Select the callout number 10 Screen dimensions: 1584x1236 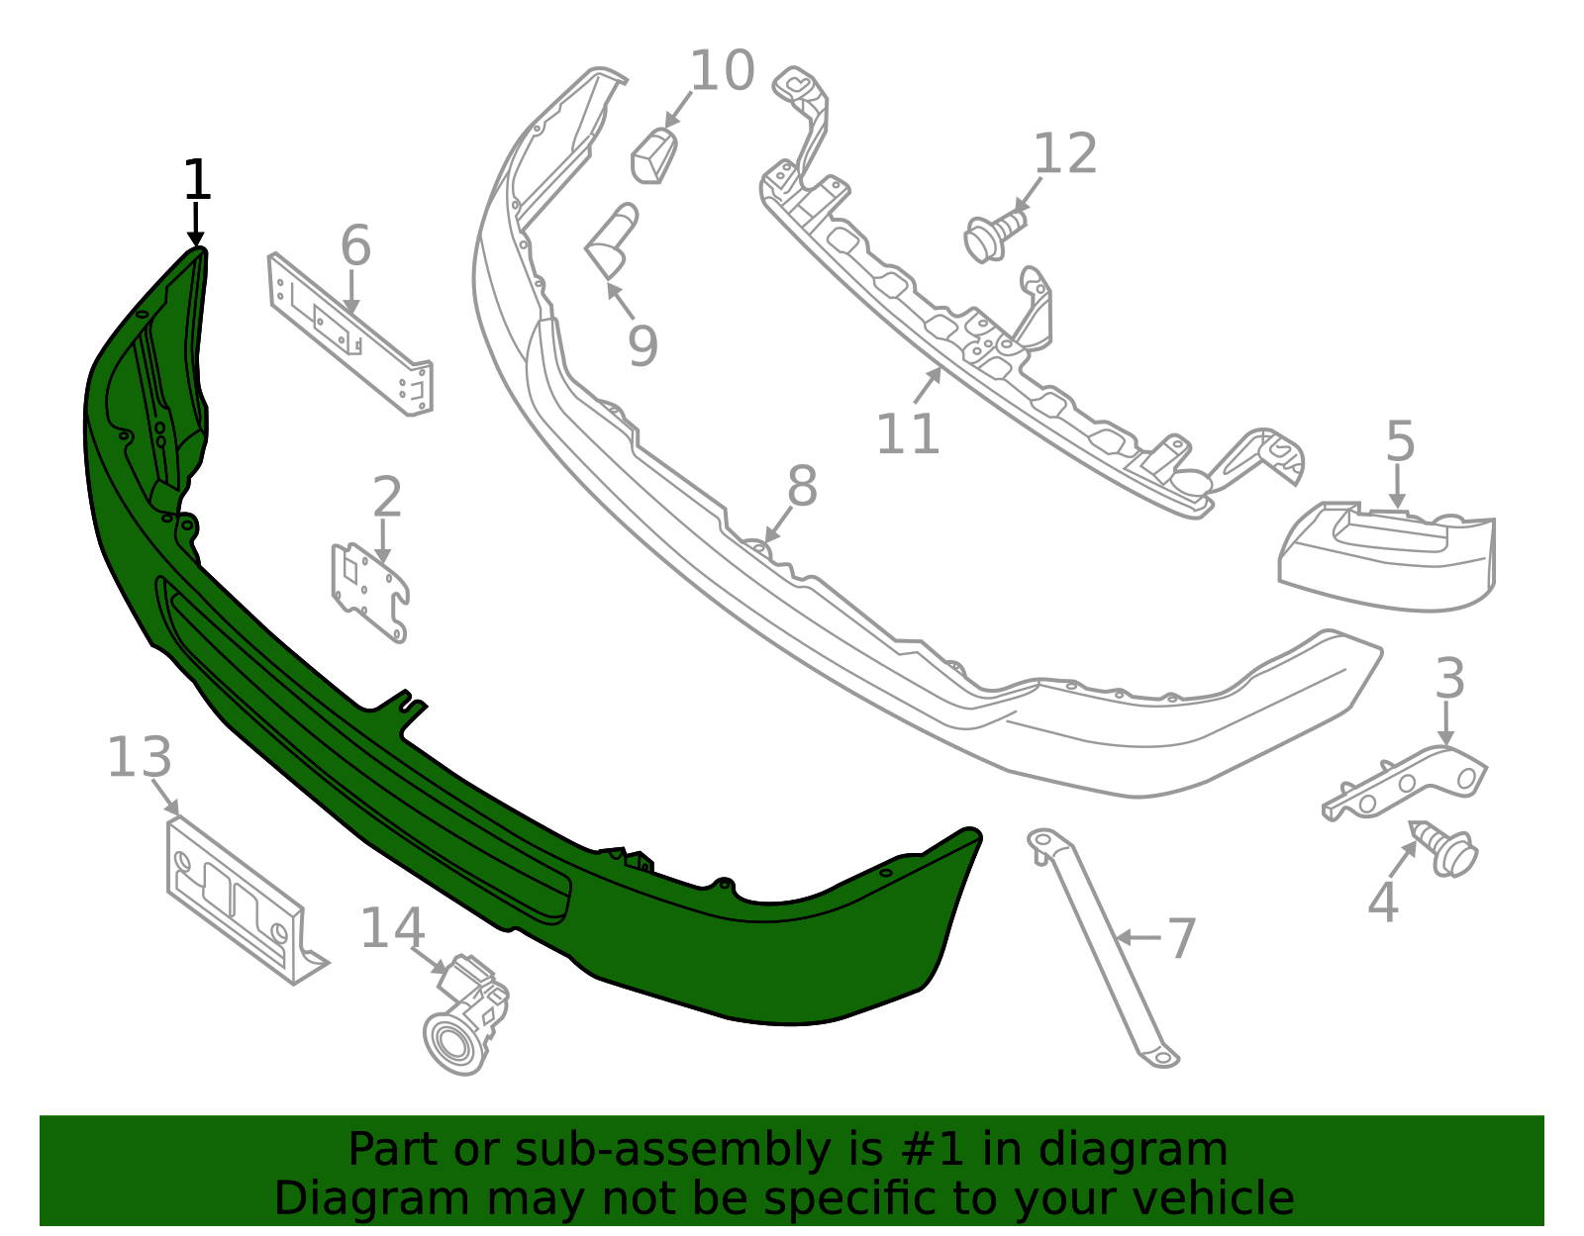click(x=722, y=70)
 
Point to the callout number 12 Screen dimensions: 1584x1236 click(x=1065, y=153)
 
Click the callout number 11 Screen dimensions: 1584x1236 click(x=908, y=434)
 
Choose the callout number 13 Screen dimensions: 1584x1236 click(x=140, y=757)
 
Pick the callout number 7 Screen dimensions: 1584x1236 click(x=1182, y=939)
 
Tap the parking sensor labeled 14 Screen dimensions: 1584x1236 click(x=465, y=1014)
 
